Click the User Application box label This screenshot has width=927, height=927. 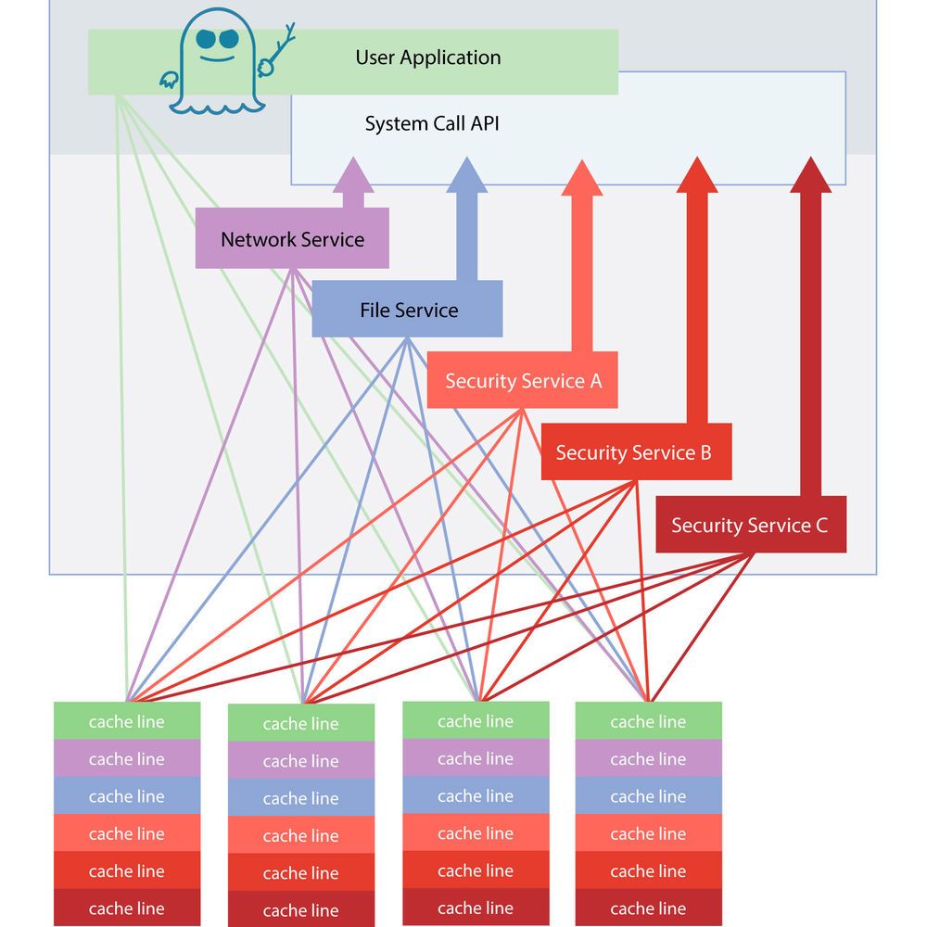[427, 57]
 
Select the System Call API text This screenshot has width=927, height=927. [432, 123]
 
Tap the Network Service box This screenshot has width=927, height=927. [292, 239]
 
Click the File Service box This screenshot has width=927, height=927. [408, 310]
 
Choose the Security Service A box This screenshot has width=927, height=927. [523, 380]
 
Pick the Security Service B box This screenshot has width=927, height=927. [635, 452]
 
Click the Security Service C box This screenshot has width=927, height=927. [750, 526]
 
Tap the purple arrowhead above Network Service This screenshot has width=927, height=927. [353, 174]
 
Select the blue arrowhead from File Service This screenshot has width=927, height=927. [466, 174]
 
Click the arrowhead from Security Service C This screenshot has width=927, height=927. [810, 174]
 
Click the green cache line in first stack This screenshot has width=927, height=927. [126, 721]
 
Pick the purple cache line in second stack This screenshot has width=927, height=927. [300, 761]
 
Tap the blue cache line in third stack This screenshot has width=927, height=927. [475, 796]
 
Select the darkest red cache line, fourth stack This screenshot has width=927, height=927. [648, 908]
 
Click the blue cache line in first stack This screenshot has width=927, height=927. [126, 796]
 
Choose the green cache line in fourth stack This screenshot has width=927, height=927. [648, 721]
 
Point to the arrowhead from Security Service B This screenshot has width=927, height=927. [696, 174]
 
